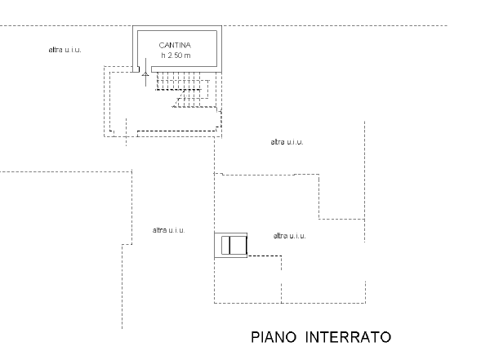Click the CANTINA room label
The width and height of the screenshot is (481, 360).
(175, 46)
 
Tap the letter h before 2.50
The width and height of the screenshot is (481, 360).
(163, 56)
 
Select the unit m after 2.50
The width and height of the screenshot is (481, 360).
(188, 56)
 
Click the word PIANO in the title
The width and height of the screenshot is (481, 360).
(274, 337)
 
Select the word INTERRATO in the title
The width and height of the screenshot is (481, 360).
(348, 337)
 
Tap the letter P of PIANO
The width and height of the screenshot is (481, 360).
(256, 337)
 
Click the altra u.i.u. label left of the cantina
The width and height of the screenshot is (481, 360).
(65, 50)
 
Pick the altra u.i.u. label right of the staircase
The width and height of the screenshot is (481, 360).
(287, 142)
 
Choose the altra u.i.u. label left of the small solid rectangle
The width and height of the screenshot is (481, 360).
(169, 230)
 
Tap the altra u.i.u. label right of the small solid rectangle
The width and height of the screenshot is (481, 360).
(290, 236)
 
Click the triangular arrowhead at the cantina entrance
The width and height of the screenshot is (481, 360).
(145, 74)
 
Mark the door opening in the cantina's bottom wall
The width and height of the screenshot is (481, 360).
(145, 69)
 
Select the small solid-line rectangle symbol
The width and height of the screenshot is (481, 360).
(230, 246)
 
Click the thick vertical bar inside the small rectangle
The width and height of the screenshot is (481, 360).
(229, 246)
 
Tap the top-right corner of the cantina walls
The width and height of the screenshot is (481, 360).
(221, 26)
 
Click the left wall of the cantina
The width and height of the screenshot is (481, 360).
(135, 49)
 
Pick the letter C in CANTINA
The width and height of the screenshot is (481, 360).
(162, 46)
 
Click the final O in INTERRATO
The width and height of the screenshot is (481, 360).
(386, 337)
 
